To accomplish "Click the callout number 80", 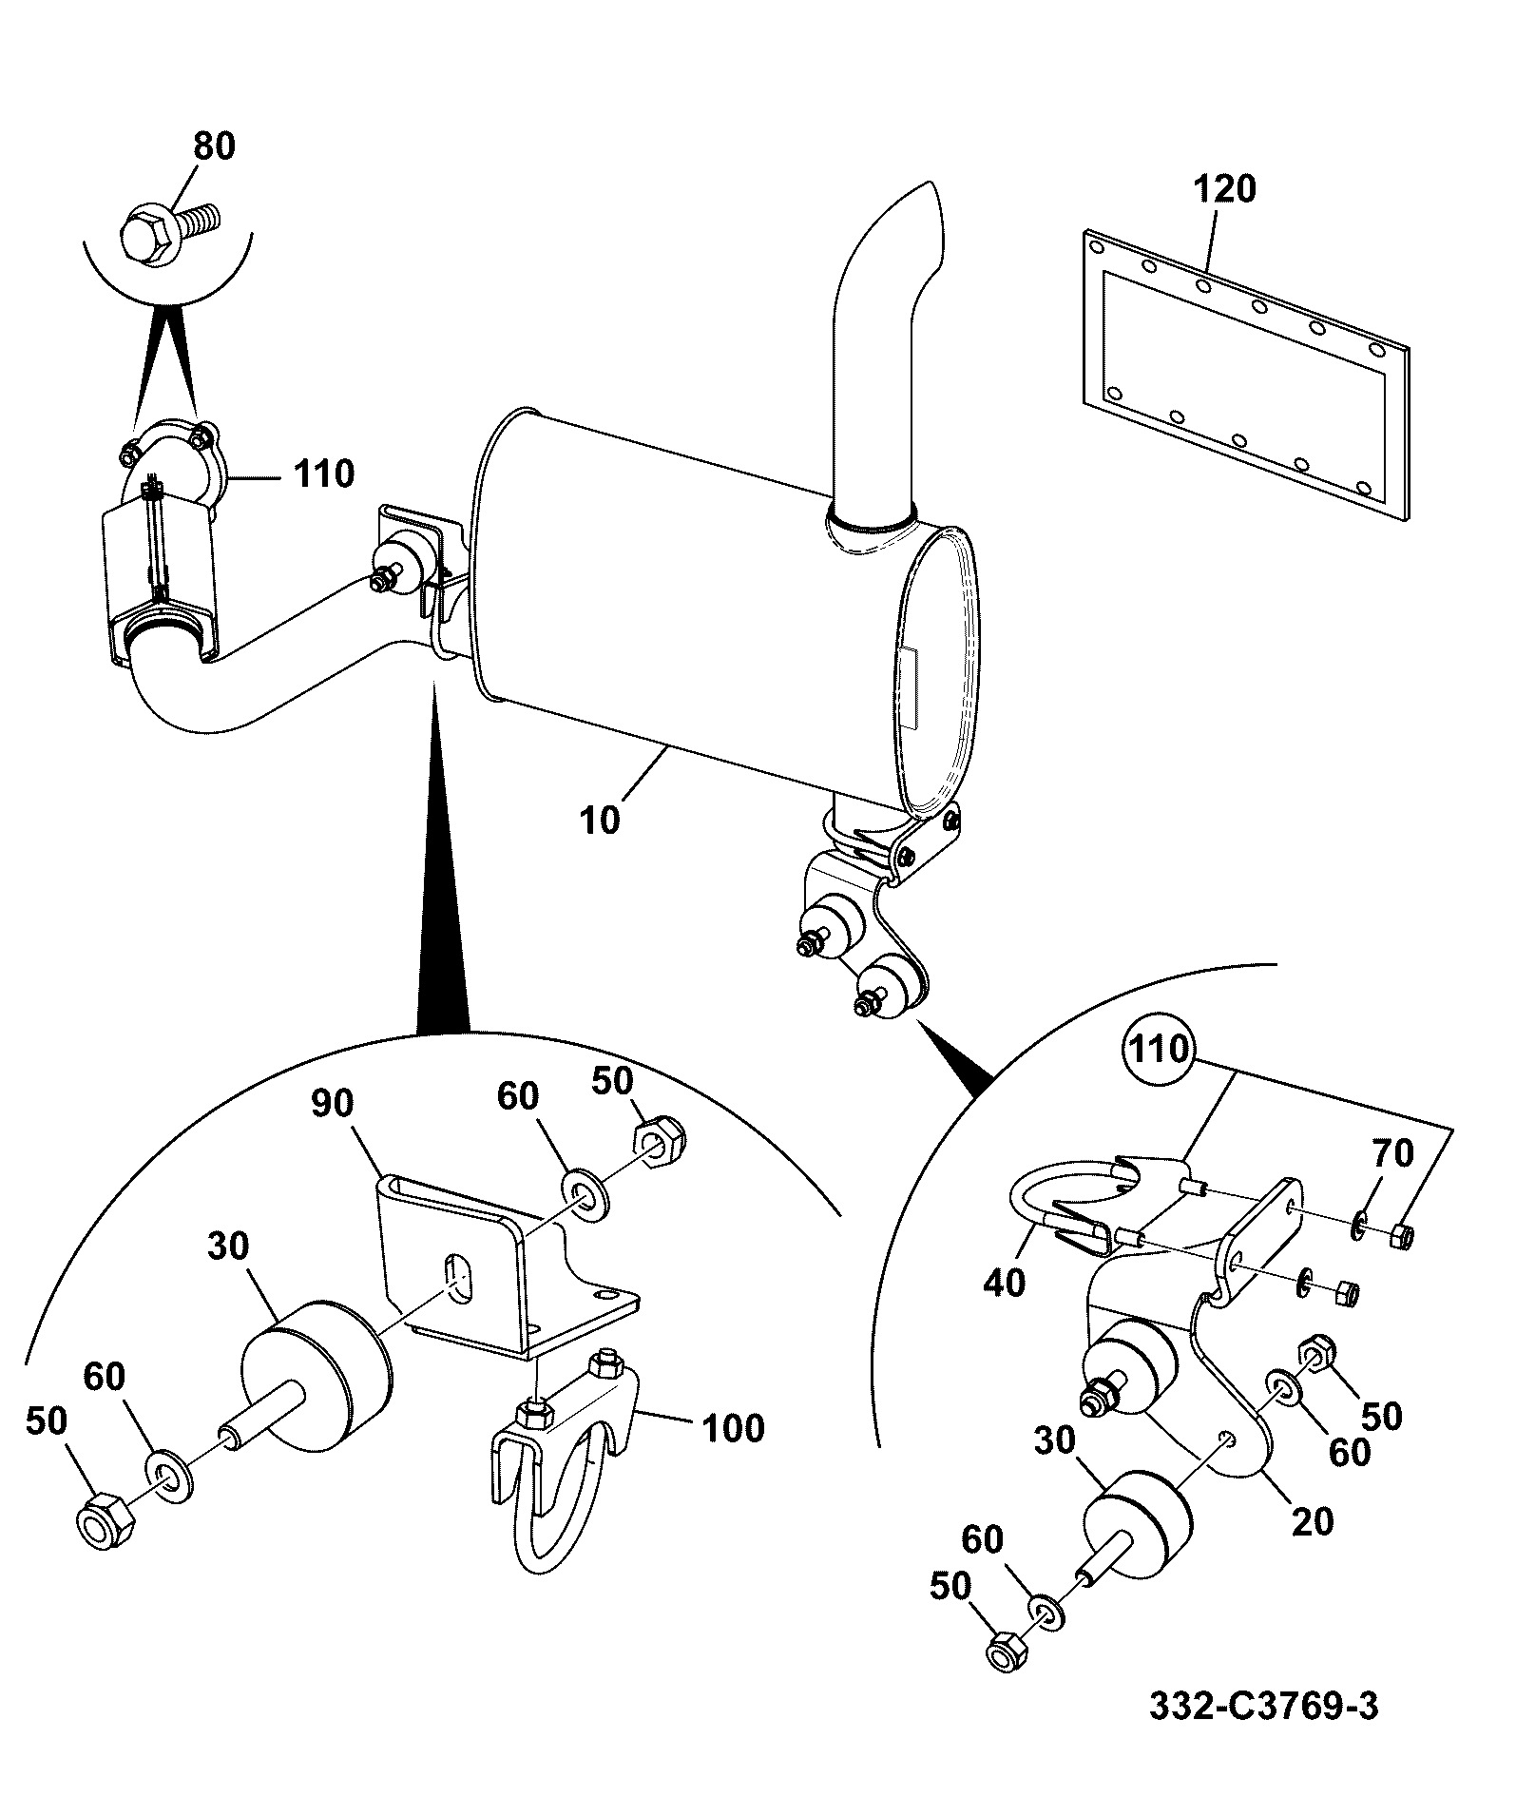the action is coord(214,146).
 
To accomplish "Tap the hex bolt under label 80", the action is coord(170,228).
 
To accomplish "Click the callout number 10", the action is coord(600,819).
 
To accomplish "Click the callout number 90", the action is coord(332,1103).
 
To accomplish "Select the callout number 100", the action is coord(733,1428).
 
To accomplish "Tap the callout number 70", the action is coord(1392,1154).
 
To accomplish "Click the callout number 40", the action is coord(1005,1284).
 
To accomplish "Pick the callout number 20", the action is coord(1313,1521).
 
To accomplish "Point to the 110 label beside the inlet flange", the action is coord(323,473).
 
